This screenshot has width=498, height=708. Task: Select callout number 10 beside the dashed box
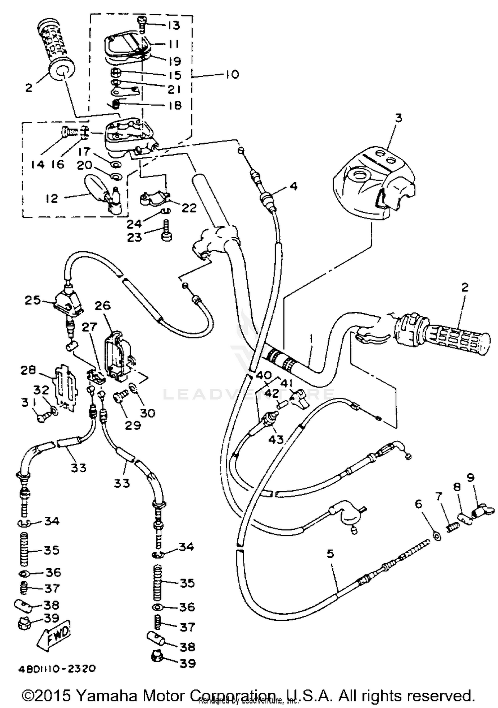pyautogui.click(x=232, y=74)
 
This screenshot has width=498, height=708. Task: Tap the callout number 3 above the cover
pyautogui.click(x=398, y=118)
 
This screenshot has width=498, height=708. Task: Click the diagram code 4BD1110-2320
pyautogui.click(x=57, y=668)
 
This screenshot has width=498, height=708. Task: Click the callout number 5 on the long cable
pyautogui.click(x=330, y=553)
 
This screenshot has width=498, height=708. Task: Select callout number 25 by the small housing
pyautogui.click(x=33, y=300)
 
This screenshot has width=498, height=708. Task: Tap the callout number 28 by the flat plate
pyautogui.click(x=28, y=370)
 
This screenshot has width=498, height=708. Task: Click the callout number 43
pyautogui.click(x=276, y=439)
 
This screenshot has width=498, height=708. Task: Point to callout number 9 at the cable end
pyautogui.click(x=470, y=478)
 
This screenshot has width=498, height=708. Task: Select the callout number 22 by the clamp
pyautogui.click(x=189, y=208)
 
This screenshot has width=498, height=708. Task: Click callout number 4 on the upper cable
pyautogui.click(x=293, y=186)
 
